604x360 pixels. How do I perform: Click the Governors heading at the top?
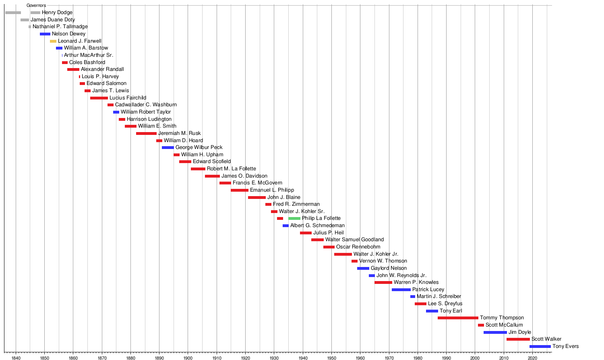pos(36,6)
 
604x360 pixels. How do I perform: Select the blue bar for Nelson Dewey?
pos(45,34)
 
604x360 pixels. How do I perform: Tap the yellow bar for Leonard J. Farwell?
pos(53,41)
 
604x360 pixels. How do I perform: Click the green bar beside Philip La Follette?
pos(294,218)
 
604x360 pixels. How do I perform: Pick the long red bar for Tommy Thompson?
pos(458,318)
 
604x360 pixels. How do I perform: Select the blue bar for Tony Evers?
pos(540,346)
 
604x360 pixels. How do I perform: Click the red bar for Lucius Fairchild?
pos(99,98)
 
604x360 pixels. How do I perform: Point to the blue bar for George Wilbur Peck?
pos(168,147)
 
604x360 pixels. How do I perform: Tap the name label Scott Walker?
pos(546,339)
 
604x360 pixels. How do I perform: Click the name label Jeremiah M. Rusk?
pos(179,133)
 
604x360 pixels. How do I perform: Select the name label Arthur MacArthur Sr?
pos(89,55)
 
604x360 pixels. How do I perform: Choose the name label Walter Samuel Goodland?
pos(354,240)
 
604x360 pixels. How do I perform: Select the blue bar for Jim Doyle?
pos(495,332)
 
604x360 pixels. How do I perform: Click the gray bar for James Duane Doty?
pos(25,20)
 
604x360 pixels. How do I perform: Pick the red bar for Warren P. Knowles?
pos(383,282)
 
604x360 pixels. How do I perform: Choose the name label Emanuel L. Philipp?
pos(272,190)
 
